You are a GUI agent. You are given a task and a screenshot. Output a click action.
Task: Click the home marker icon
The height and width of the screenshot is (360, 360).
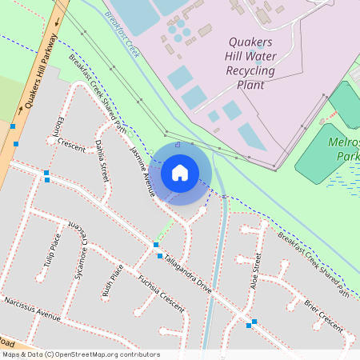[180, 172]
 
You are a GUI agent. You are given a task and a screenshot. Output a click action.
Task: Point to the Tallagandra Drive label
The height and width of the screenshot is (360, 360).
[188, 274]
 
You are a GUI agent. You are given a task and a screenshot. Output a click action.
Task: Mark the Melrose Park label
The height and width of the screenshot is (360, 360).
[346, 149]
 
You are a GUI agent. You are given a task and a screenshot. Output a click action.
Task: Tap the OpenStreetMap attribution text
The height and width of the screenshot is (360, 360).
[80, 354]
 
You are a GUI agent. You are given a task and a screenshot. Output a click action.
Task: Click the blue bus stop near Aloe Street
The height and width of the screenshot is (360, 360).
[254, 322]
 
